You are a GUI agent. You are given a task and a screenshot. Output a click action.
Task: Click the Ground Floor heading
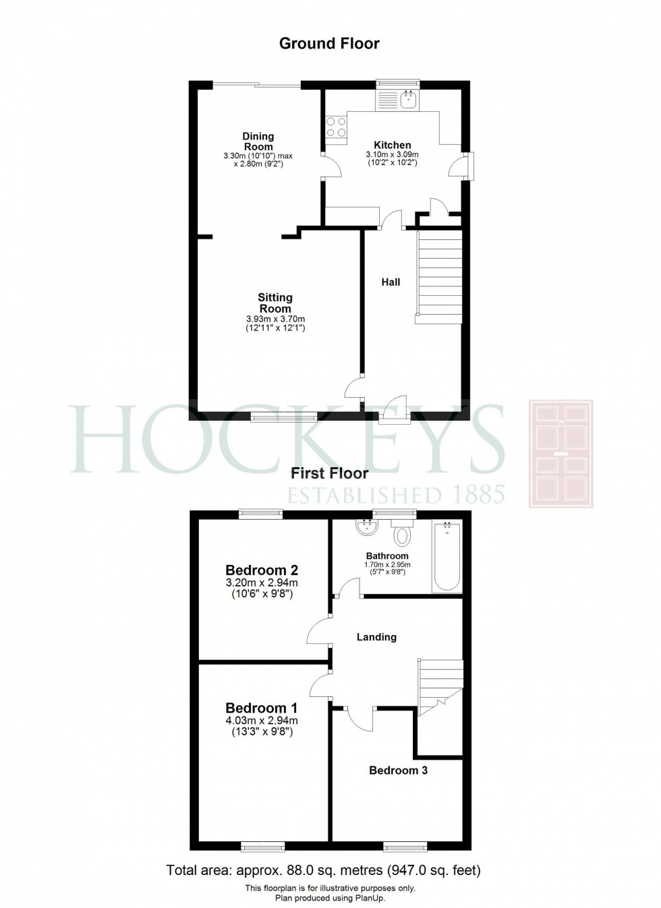tap(329, 44)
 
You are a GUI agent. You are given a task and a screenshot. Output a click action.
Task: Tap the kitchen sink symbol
tap(409, 100)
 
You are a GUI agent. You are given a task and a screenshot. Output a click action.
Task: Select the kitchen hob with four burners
tap(336, 127)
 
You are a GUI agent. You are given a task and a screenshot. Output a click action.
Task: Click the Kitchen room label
tap(393, 145)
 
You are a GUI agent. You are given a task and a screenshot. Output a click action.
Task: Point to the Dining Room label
tap(258, 142)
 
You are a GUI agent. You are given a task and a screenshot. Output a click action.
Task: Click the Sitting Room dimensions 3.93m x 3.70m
tap(275, 320)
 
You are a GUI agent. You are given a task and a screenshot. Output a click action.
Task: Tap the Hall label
tap(391, 282)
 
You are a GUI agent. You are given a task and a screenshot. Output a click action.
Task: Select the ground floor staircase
tap(438, 276)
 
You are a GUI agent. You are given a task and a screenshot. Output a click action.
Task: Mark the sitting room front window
tap(283, 418)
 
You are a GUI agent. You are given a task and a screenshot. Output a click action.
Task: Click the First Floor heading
tap(329, 474)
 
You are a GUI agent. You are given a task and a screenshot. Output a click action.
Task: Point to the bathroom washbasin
tap(368, 527)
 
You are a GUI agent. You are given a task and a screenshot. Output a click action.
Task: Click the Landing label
tap(376, 637)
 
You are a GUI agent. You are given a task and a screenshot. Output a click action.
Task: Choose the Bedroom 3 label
tap(398, 770)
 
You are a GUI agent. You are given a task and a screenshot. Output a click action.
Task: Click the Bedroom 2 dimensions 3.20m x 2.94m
tap(262, 584)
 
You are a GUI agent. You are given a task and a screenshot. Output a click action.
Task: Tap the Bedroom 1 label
tap(261, 708)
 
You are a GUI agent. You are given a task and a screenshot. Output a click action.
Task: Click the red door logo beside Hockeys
tap(561, 453)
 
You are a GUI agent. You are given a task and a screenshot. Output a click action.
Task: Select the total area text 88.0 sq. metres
tap(324, 871)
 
